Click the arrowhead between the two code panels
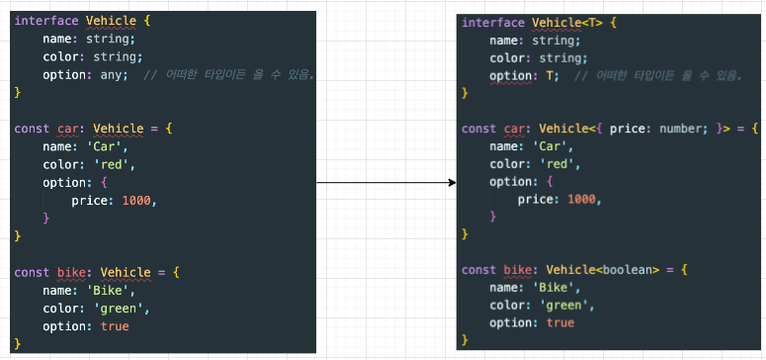[x=452, y=182]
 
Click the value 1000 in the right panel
[x=582, y=199]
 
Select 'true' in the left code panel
[x=115, y=326]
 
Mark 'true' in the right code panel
[x=560, y=322]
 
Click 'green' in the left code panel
[x=118, y=309]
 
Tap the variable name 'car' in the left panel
[x=68, y=130]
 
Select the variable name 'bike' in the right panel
[x=518, y=270]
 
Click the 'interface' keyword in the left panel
[x=46, y=21]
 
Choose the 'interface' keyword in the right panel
[x=493, y=23]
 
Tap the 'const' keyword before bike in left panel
[x=33, y=272]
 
